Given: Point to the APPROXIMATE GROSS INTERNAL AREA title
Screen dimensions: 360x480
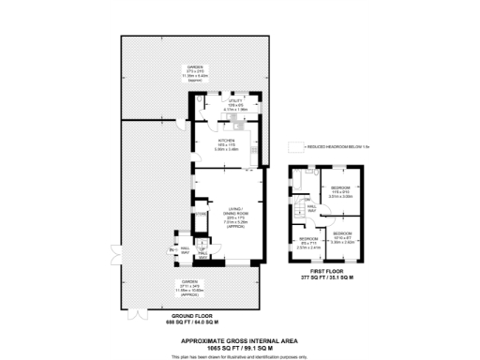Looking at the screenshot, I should point(239,333).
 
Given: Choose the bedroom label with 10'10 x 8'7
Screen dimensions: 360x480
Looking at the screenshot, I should point(341,237).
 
